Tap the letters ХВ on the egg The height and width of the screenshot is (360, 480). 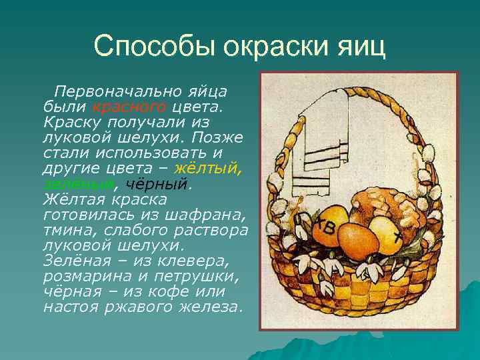point(326,227)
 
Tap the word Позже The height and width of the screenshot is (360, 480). point(219,138)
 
